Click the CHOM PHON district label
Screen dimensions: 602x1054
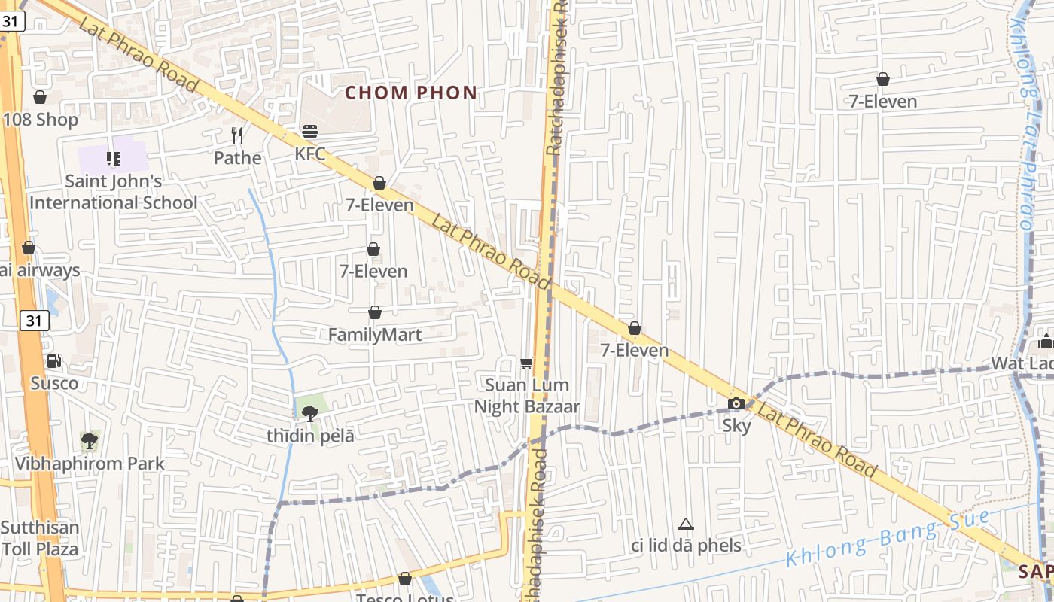coord(411,93)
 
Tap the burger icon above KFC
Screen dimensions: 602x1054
coord(310,132)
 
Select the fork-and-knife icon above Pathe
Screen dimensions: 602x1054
coord(238,135)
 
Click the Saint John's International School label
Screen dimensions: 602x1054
coord(113,192)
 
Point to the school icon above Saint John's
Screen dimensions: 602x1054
coord(114,158)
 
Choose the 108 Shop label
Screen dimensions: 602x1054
coord(41,120)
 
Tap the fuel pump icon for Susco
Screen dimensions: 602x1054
coord(54,361)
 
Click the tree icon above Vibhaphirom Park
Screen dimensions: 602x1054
coord(90,440)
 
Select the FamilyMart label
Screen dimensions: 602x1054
coord(375,335)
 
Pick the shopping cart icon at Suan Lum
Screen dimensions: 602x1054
coord(527,363)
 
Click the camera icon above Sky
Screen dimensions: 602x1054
coord(736,404)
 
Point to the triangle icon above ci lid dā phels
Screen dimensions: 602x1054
coord(685,524)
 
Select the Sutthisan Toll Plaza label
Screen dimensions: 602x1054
coord(39,538)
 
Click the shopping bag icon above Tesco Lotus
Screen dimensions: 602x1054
coord(405,579)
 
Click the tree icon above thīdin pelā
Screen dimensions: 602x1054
coord(309,412)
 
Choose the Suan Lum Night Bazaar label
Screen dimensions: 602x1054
coord(527,396)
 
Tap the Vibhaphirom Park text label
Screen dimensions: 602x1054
coord(90,464)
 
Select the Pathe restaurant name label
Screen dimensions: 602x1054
coord(238,158)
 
